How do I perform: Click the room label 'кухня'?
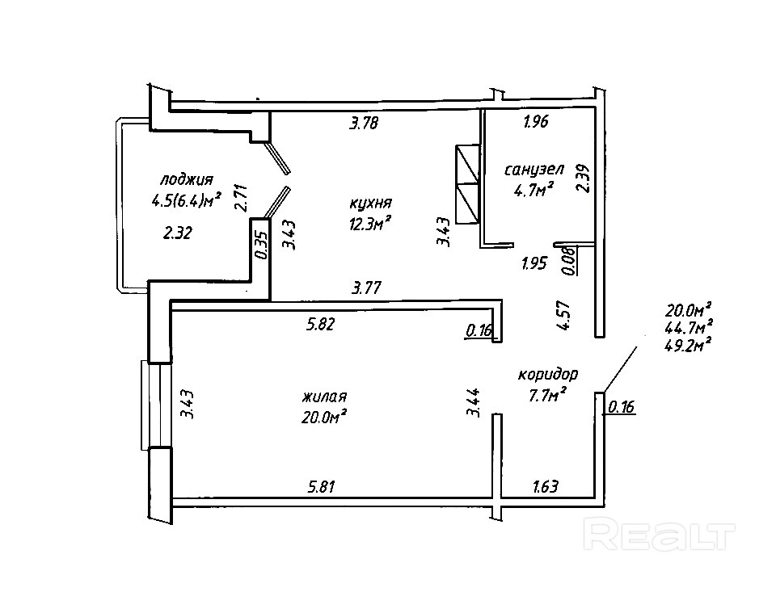coord(371,203)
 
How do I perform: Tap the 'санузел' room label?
coord(533,170)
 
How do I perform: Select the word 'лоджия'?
coord(186,179)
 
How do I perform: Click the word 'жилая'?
coord(324,397)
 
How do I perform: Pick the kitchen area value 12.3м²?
coord(371,224)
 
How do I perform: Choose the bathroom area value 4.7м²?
coord(533,191)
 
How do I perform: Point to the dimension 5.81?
coord(321,486)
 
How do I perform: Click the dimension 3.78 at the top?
coord(364,124)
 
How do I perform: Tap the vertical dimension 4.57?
coord(564,314)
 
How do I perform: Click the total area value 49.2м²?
coord(688,344)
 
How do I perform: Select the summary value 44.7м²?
coord(688,327)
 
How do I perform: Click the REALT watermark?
coord(659,535)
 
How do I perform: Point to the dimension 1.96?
coord(536,123)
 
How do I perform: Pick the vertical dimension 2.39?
coord(583,178)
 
